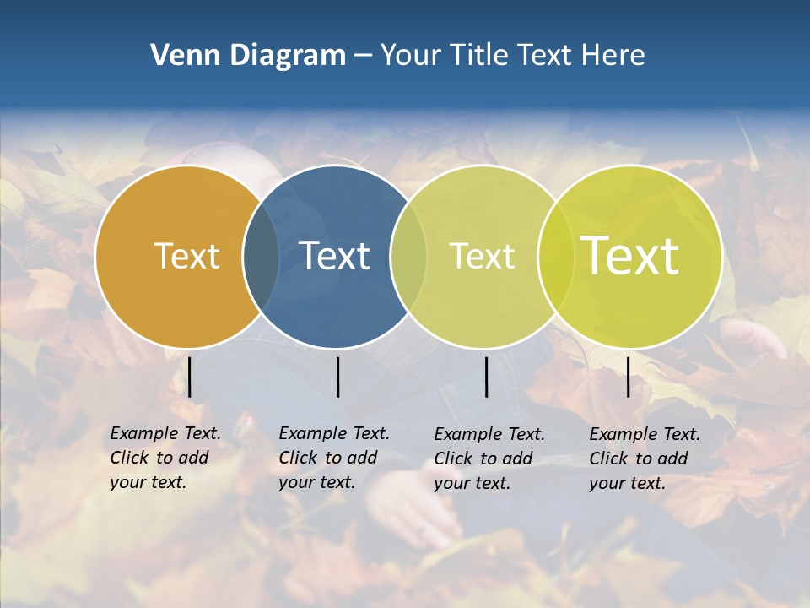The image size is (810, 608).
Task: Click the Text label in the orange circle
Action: [186, 257]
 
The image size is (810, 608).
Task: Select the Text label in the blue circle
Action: [334, 257]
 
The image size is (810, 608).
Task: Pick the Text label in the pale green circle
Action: [482, 257]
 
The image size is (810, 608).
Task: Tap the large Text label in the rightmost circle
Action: [630, 256]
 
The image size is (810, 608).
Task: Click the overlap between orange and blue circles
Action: [261, 257]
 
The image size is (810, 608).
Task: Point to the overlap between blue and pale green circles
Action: [408, 257]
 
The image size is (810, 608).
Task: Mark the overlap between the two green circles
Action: [556, 257]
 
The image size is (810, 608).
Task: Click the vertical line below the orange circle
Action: [190, 377]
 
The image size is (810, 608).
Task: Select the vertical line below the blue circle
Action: [337, 377]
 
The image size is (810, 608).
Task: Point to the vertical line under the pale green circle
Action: [486, 377]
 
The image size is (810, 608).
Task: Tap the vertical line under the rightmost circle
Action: [628, 377]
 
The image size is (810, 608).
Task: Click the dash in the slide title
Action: [363, 57]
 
